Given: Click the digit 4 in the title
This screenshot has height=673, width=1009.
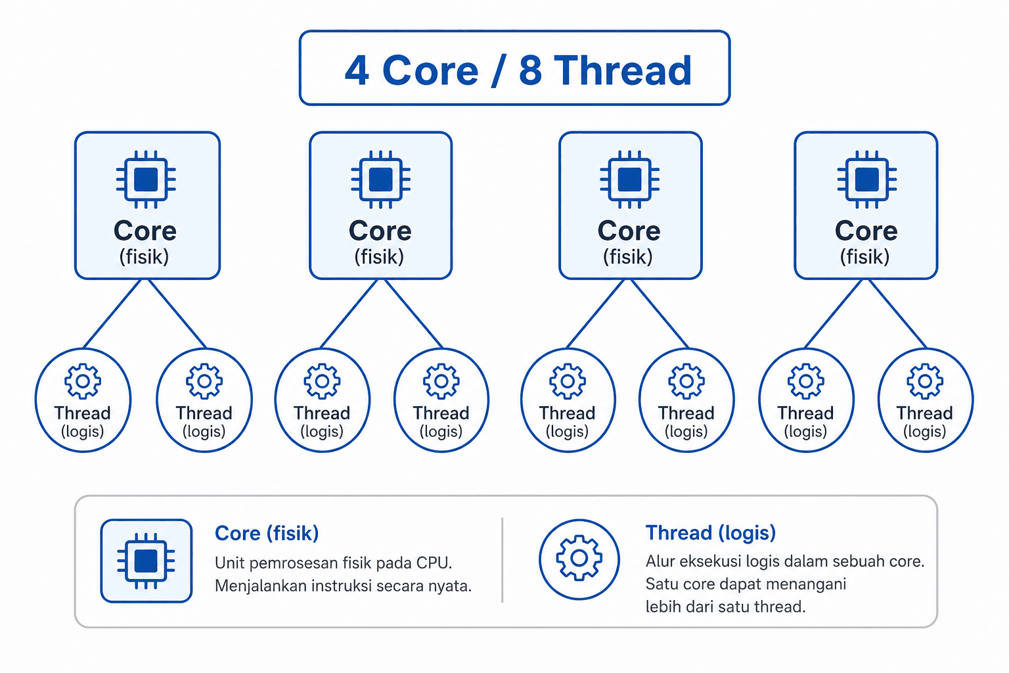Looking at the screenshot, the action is pos(357,70).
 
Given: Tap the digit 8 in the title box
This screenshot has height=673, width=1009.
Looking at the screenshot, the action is pos(529,70).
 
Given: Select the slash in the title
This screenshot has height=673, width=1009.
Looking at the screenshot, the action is pos(497,70).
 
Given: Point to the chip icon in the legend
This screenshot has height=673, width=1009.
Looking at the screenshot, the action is pos(146,561).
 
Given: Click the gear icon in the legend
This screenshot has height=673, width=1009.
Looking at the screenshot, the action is pos(579,558).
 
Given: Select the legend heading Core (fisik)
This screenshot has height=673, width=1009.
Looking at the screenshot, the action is pos(267,533).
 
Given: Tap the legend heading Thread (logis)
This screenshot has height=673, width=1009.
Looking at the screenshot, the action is pos(710,533).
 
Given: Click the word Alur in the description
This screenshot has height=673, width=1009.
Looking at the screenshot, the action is pos(660,561).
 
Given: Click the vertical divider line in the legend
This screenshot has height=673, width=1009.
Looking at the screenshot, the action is pos(503,560).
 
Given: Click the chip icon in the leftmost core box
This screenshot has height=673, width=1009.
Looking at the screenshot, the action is pos(146,179).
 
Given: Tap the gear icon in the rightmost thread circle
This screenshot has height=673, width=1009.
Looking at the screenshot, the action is pos(924,381).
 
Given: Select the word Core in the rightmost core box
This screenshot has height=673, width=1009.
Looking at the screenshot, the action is pos(866,231).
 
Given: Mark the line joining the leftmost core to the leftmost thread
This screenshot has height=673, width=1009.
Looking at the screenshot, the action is pos(112,313).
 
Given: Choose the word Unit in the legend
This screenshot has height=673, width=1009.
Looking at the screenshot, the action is pos(229,563).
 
